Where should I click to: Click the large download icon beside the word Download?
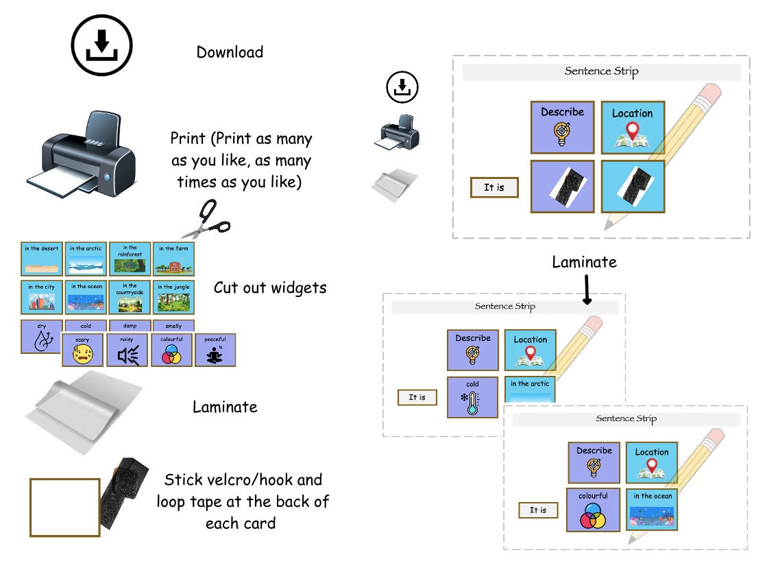pyautogui.click(x=101, y=45)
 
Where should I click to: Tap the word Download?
pyautogui.click(x=230, y=51)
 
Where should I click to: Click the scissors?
pyautogui.click(x=206, y=219)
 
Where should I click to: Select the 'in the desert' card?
pyautogui.click(x=42, y=259)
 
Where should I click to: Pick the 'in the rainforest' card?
pyautogui.click(x=130, y=259)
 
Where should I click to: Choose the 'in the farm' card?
pyautogui.click(x=173, y=259)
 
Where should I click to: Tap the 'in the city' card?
pyautogui.click(x=42, y=297)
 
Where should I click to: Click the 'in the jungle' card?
pyautogui.click(x=173, y=297)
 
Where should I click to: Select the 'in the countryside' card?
pyautogui.click(x=130, y=297)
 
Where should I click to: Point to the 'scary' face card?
pyautogui.click(x=82, y=350)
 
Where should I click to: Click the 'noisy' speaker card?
pyautogui.click(x=127, y=350)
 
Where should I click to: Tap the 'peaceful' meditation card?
pyautogui.click(x=215, y=350)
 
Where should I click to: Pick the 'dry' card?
pyautogui.click(x=41, y=337)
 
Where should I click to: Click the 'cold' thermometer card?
pyautogui.click(x=472, y=397)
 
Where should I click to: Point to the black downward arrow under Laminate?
pyautogui.click(x=587, y=289)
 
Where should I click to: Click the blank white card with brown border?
pyautogui.click(x=65, y=508)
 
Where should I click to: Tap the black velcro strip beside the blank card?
pyautogui.click(x=124, y=493)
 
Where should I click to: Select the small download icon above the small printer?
pyautogui.click(x=402, y=87)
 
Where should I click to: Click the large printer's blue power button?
pyautogui.click(x=108, y=176)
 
